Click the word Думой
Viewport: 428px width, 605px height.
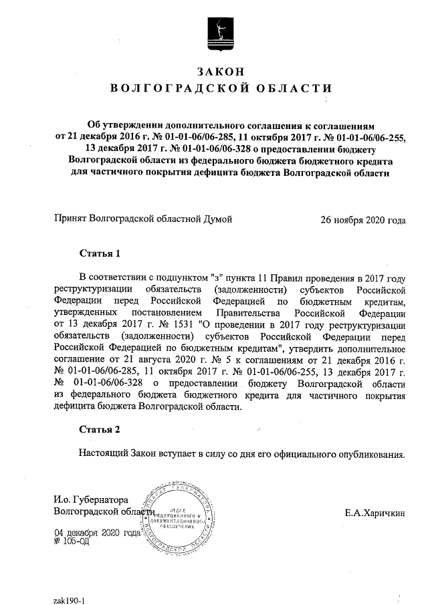click(218, 219)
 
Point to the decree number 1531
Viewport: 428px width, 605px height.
click(177, 324)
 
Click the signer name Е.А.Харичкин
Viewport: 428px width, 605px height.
click(375, 513)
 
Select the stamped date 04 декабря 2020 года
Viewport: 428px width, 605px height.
click(97, 533)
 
